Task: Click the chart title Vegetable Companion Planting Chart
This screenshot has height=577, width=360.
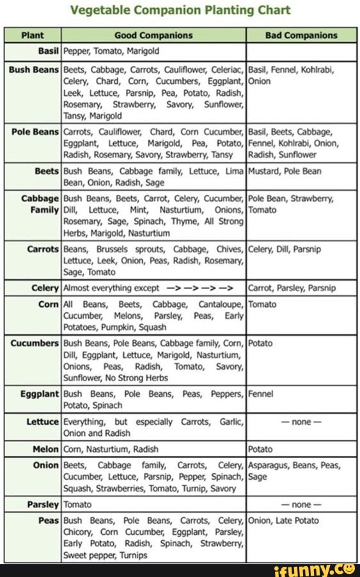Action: [x=180, y=10]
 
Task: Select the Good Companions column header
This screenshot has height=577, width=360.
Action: [x=153, y=36]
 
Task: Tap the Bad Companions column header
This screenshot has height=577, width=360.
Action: [x=301, y=36]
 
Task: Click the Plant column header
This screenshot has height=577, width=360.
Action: [x=33, y=36]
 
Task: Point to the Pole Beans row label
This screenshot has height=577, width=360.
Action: [x=35, y=132]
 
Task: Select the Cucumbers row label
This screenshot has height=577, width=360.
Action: [x=35, y=344]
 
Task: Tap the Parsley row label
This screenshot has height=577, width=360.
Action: [x=43, y=504]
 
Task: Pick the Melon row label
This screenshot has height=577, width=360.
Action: [x=45, y=449]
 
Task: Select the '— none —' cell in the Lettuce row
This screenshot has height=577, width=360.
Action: [x=301, y=422]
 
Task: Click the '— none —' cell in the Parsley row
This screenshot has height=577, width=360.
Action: [x=301, y=504]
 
